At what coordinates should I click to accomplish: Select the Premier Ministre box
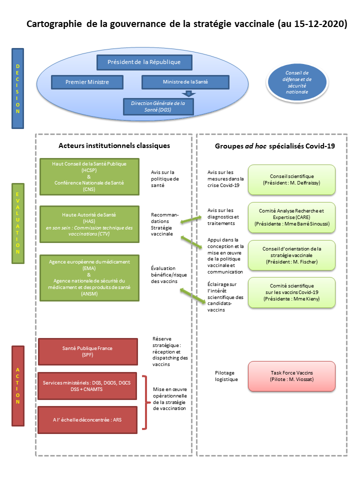[87, 82]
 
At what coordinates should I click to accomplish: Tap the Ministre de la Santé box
[185, 82]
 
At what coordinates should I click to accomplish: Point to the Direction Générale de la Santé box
[157, 106]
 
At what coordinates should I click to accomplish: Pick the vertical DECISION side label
[18, 88]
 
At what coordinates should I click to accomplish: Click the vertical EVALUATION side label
[18, 223]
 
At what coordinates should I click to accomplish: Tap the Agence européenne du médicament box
[89, 277]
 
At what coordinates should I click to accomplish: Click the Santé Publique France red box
[88, 351]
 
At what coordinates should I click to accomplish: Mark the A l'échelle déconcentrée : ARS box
[88, 420]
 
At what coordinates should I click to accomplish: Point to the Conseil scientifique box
[291, 179]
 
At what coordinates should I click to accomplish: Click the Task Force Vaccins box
[291, 375]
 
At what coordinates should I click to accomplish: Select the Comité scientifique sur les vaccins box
[291, 291]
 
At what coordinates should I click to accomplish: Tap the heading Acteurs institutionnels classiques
[114, 145]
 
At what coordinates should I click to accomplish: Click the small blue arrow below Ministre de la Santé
[188, 93]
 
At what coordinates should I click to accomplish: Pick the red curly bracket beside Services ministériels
[145, 402]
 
